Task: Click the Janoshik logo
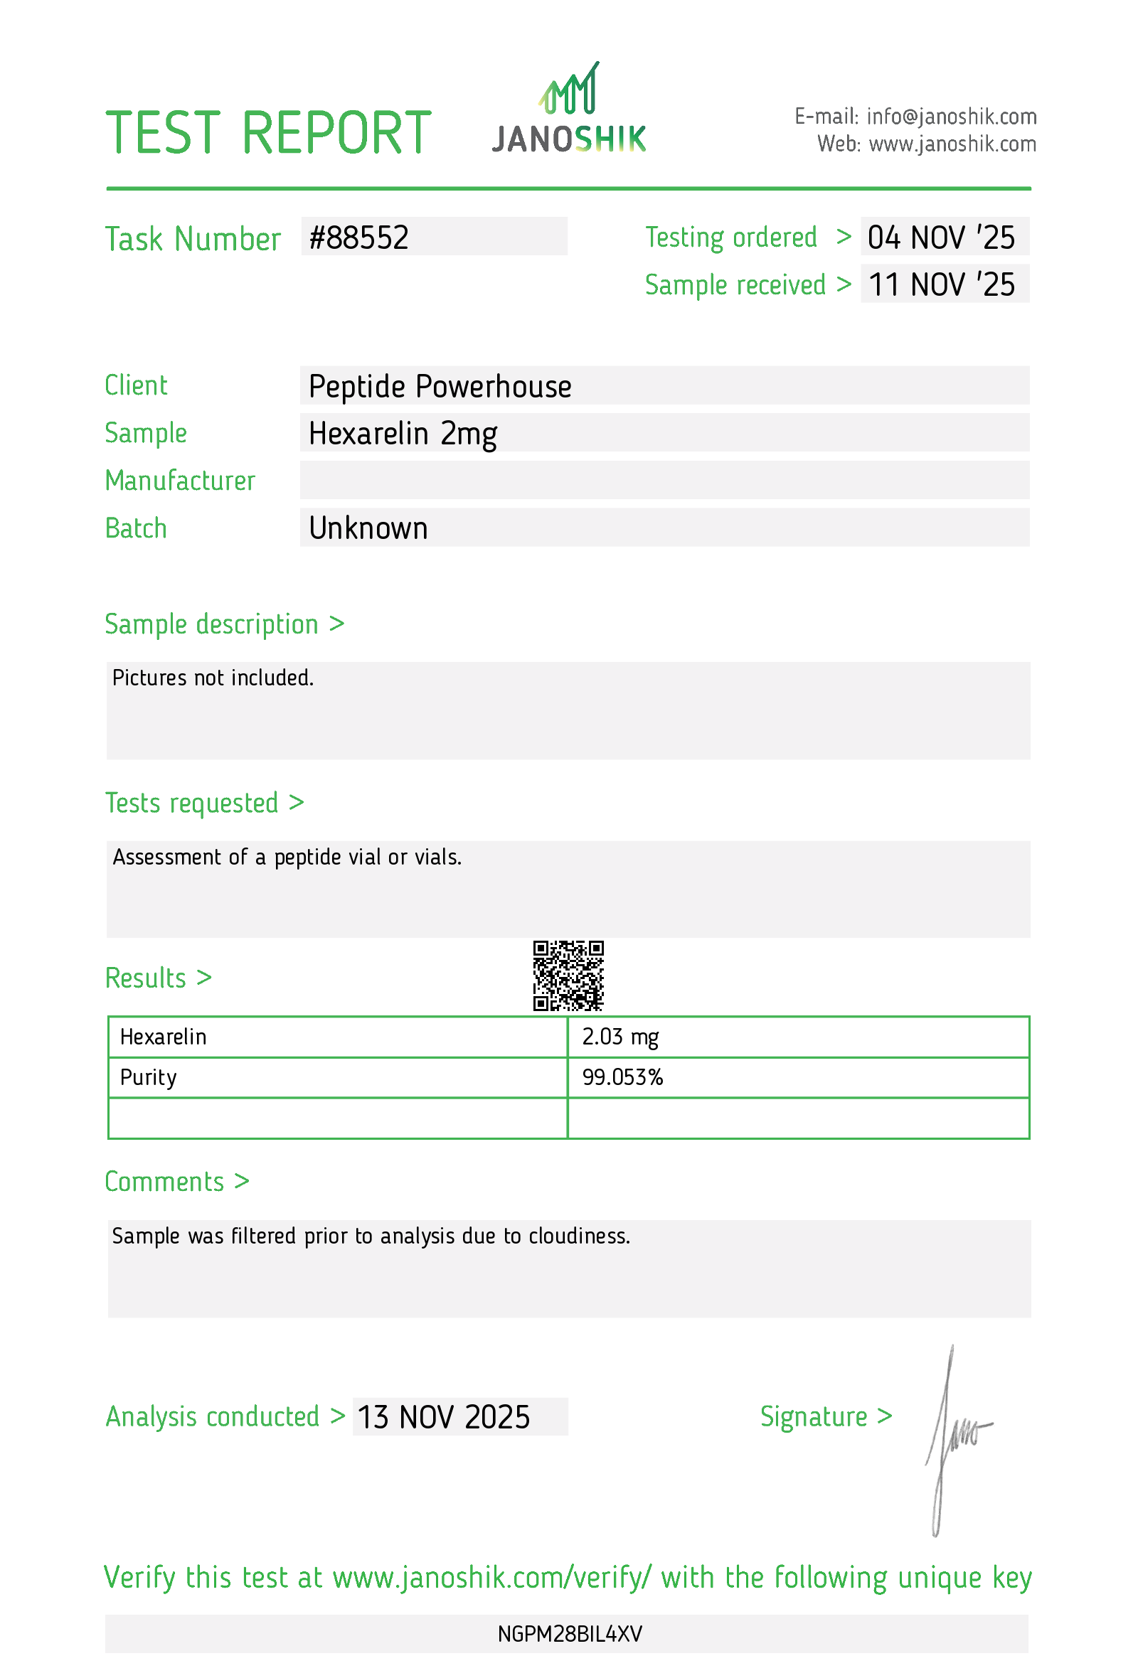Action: (x=568, y=109)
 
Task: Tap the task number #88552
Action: (x=359, y=237)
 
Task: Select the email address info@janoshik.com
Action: (x=951, y=116)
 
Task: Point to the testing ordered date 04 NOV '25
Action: (x=941, y=237)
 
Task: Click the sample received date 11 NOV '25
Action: (x=941, y=284)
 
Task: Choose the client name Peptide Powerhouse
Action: (x=440, y=386)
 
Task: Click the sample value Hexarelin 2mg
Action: (x=402, y=433)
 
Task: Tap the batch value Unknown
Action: (x=368, y=528)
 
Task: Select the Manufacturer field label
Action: (x=180, y=481)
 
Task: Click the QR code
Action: (x=568, y=976)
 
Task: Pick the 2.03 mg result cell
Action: (x=620, y=1037)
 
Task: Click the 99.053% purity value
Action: (x=622, y=1077)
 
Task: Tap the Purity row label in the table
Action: (x=148, y=1077)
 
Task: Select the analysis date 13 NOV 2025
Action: (x=443, y=1416)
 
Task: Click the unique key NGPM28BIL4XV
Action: (x=569, y=1633)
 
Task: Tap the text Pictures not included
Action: (x=213, y=678)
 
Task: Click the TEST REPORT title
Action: (x=268, y=133)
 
